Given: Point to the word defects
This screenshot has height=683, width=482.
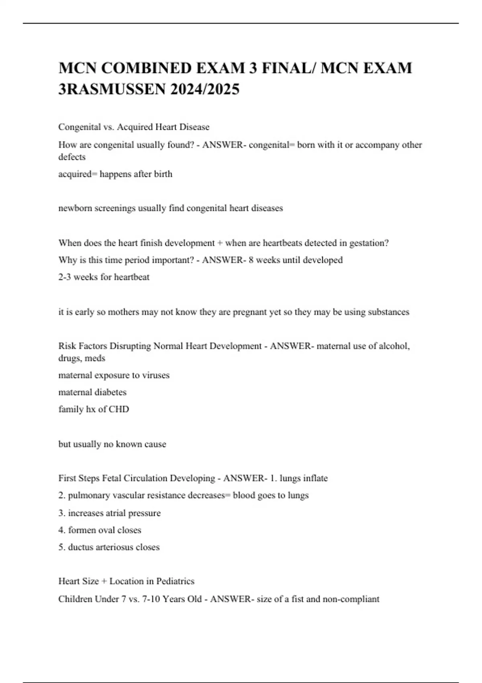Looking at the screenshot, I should (72, 157).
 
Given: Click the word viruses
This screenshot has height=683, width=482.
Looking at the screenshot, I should (156, 375).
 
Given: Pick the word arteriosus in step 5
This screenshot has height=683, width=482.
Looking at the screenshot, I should (114, 547).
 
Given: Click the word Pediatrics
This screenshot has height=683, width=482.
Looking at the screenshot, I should (175, 581).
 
